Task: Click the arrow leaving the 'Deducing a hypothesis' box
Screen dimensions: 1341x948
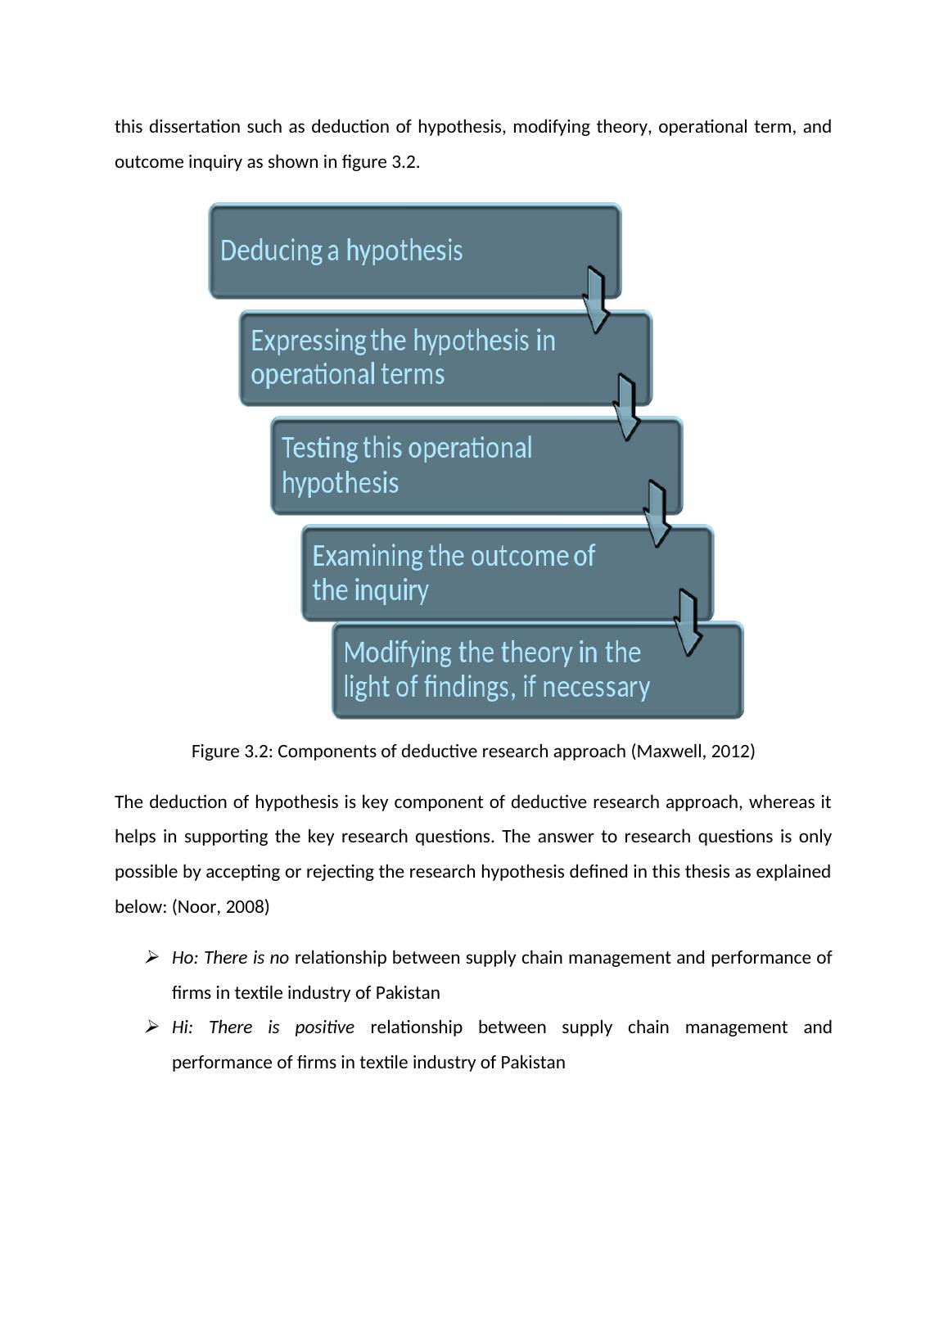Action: point(596,300)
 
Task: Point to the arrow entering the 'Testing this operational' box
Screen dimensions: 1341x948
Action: point(627,408)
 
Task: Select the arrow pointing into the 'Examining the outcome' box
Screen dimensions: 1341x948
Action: point(657,514)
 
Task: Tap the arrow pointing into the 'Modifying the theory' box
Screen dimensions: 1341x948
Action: point(688,622)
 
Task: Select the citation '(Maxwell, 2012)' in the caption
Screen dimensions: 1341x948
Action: point(693,752)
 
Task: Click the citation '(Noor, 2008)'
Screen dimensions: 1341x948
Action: point(220,907)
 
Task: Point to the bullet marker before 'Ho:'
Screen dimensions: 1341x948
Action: point(151,958)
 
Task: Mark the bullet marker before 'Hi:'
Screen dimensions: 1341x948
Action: point(151,1027)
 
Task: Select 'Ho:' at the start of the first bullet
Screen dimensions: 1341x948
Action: point(185,958)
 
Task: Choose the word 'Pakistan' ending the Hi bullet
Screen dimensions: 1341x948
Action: point(532,1063)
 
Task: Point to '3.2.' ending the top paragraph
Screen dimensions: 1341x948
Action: point(405,162)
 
